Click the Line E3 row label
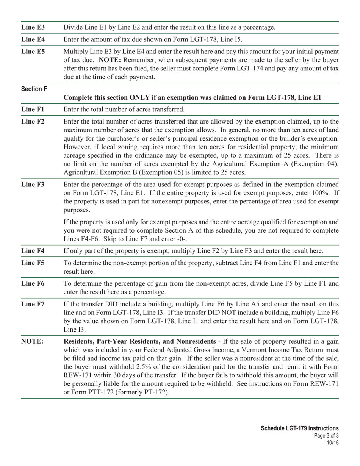[33, 27]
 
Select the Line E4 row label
[33, 39]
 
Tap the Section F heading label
[34, 89]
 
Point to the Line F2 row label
[33, 122]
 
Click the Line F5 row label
[33, 263]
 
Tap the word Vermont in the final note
[252, 350]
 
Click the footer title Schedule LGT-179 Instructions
[300, 428]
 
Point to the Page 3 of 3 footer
[326, 435]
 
